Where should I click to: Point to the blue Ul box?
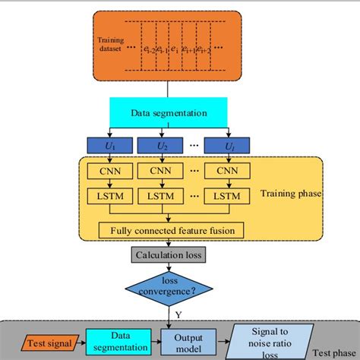pyautogui.click(x=228, y=144)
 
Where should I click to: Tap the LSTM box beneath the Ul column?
pyautogui.click(x=228, y=197)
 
